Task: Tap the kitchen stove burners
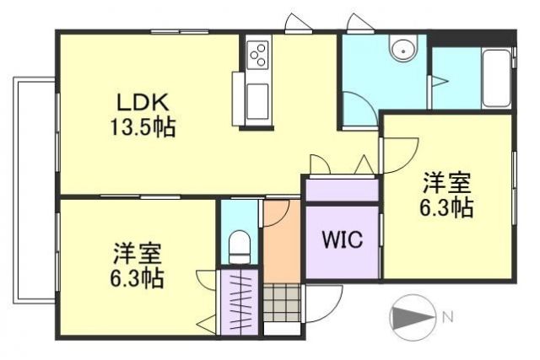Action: pyautogui.click(x=257, y=55)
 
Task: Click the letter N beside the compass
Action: pyautogui.click(x=448, y=318)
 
